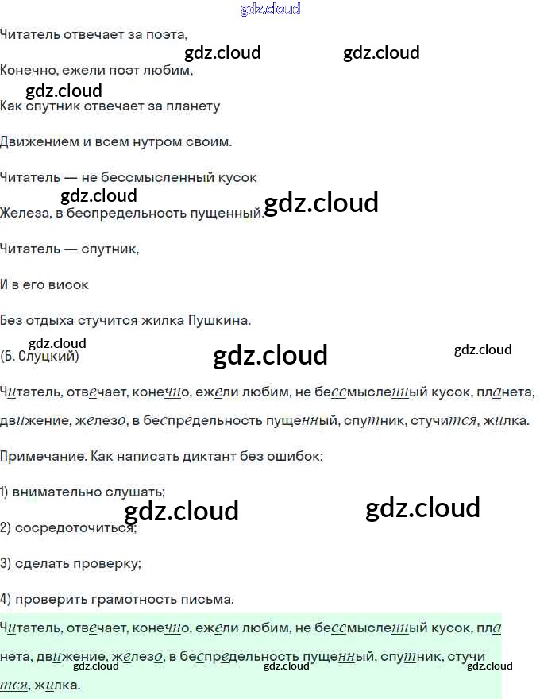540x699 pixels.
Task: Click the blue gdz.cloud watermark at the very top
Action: pos(270,10)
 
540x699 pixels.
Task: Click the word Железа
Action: pos(24,213)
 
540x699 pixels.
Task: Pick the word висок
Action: pos(68,284)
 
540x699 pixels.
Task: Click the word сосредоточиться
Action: pos(75,527)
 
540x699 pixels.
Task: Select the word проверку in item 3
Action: pos(111,563)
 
